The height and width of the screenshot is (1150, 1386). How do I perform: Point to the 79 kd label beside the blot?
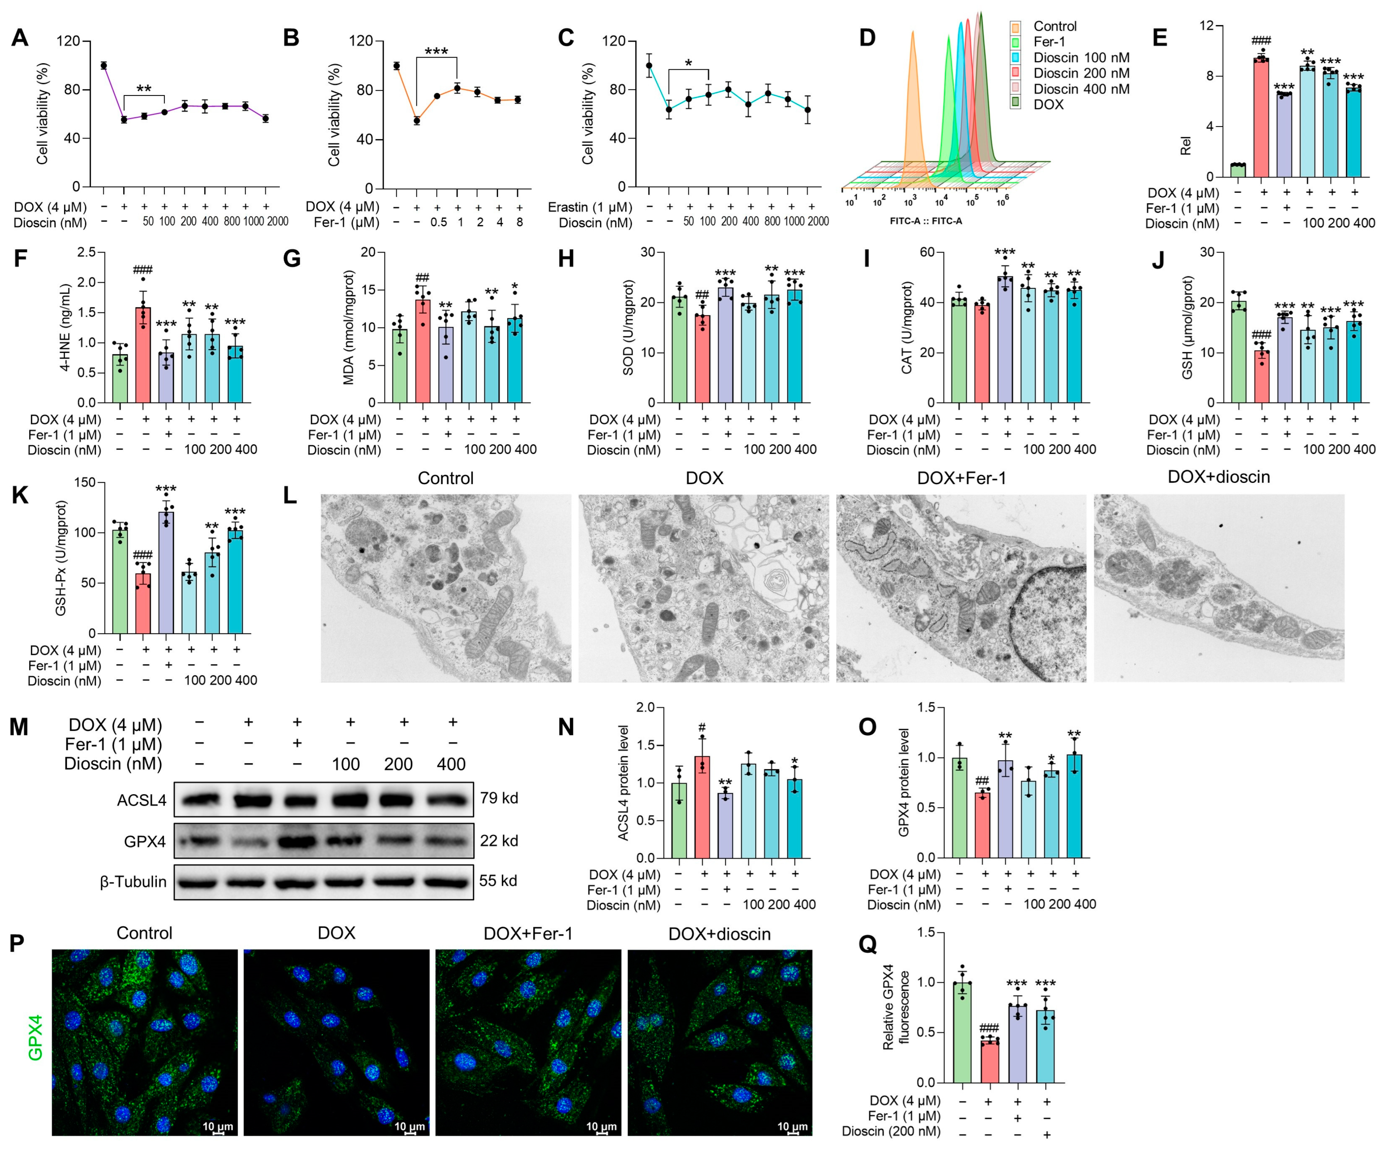(x=499, y=798)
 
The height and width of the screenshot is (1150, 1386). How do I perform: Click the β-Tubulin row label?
(x=133, y=882)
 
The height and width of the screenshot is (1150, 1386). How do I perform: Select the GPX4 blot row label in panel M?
(x=145, y=841)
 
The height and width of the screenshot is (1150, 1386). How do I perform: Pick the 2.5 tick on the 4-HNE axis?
(x=86, y=252)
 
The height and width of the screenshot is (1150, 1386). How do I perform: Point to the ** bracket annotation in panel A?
(x=144, y=89)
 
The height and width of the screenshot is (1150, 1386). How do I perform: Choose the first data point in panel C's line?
(x=649, y=65)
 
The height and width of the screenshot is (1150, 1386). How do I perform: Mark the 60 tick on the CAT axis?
(x=927, y=252)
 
